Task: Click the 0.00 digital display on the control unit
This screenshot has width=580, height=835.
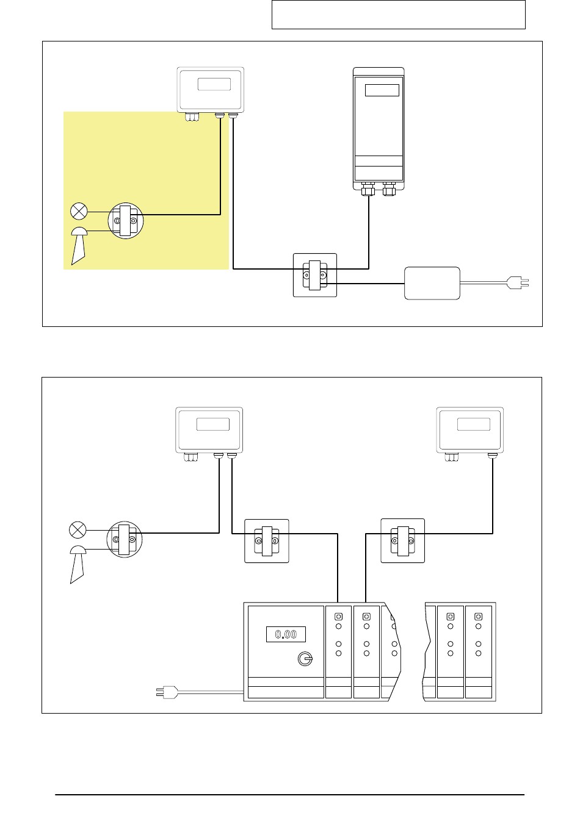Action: coord(286,634)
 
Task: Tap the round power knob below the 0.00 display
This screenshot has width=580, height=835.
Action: coord(305,659)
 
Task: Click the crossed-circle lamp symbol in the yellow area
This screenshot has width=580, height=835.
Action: coord(79,212)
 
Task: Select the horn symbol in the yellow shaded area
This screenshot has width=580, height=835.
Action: coord(79,246)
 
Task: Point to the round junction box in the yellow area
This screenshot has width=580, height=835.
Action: coord(125,221)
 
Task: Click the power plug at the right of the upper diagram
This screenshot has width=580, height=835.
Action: coord(518,282)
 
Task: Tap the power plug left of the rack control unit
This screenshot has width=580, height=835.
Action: coord(167,692)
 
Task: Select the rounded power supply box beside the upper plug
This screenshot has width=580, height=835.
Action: coord(432,283)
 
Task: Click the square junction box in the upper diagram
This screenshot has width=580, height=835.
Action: coord(315,275)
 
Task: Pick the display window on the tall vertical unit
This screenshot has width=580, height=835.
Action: coord(382,90)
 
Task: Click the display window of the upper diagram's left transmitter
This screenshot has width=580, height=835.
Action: coord(214,84)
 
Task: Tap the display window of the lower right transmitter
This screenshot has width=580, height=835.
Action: coord(474,425)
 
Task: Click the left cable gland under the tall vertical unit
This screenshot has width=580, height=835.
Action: coord(368,189)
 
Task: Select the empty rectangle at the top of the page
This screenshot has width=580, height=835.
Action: coord(399,15)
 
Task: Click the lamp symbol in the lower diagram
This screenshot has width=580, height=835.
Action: coord(78,529)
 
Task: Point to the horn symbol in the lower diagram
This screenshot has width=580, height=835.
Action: coord(78,564)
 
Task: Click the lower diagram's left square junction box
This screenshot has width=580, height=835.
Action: coord(266,541)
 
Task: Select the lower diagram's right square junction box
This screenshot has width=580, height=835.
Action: coord(403,540)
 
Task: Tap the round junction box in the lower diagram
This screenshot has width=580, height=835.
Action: coord(125,539)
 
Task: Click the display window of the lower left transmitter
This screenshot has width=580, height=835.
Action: coord(213,425)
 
